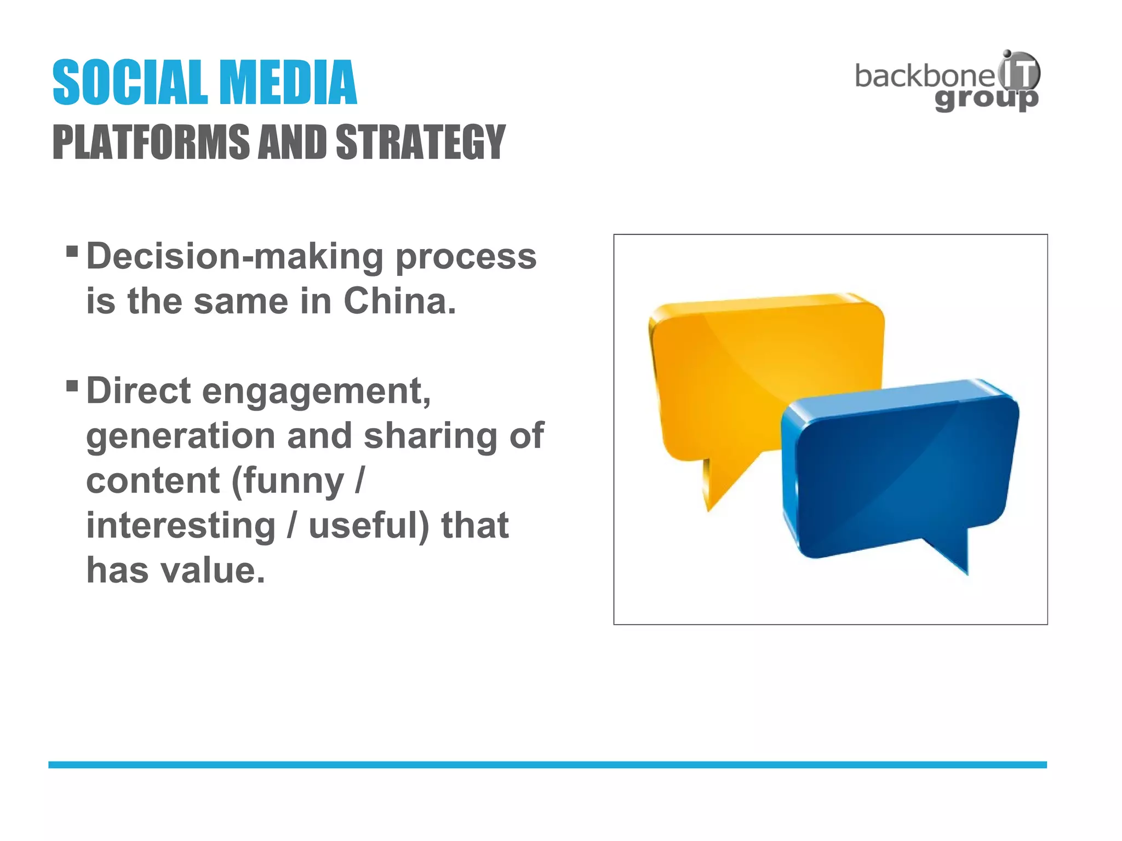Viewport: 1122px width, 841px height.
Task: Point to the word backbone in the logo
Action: coord(924,76)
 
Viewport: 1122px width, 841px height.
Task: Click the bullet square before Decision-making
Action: coord(72,251)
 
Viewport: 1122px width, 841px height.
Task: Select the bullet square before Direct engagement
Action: coord(72,386)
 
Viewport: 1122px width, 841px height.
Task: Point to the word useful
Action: coord(368,526)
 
